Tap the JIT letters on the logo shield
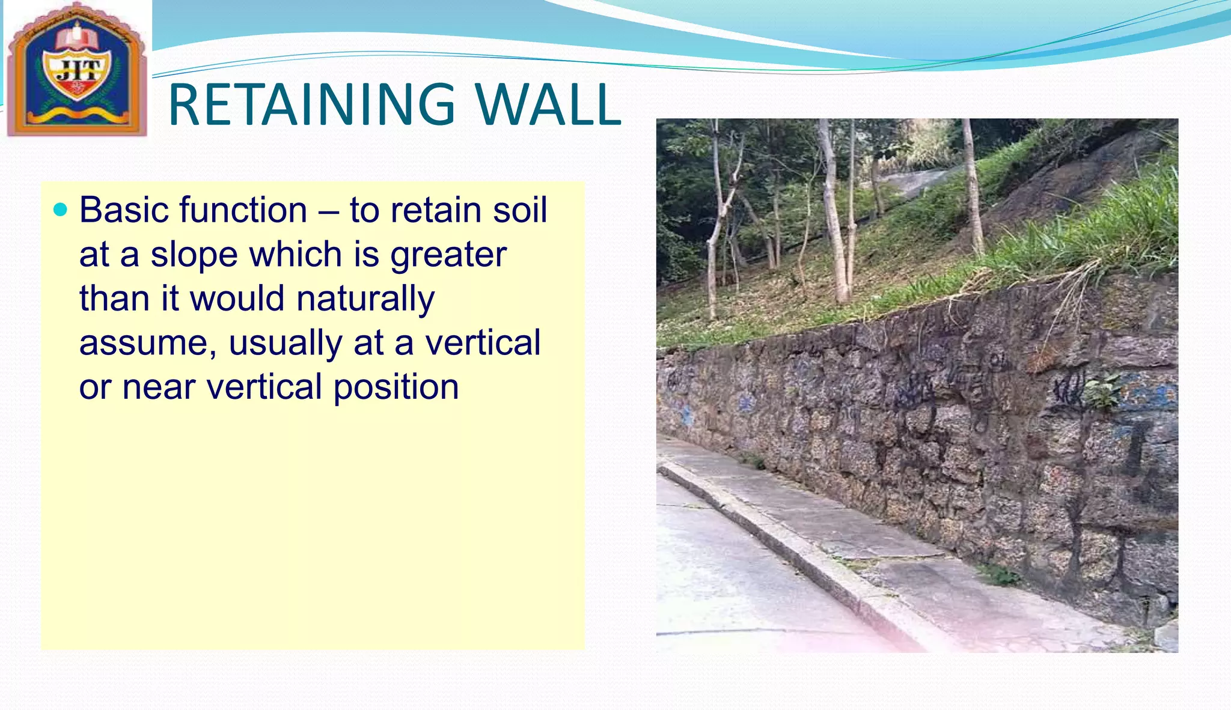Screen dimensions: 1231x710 pos(77,71)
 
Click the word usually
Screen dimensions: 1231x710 pos(286,344)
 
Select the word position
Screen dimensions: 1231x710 pos(396,387)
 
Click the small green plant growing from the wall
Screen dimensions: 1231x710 pos(1102,389)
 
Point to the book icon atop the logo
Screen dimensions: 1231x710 pos(77,36)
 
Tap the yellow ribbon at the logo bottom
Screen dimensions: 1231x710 pos(77,114)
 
